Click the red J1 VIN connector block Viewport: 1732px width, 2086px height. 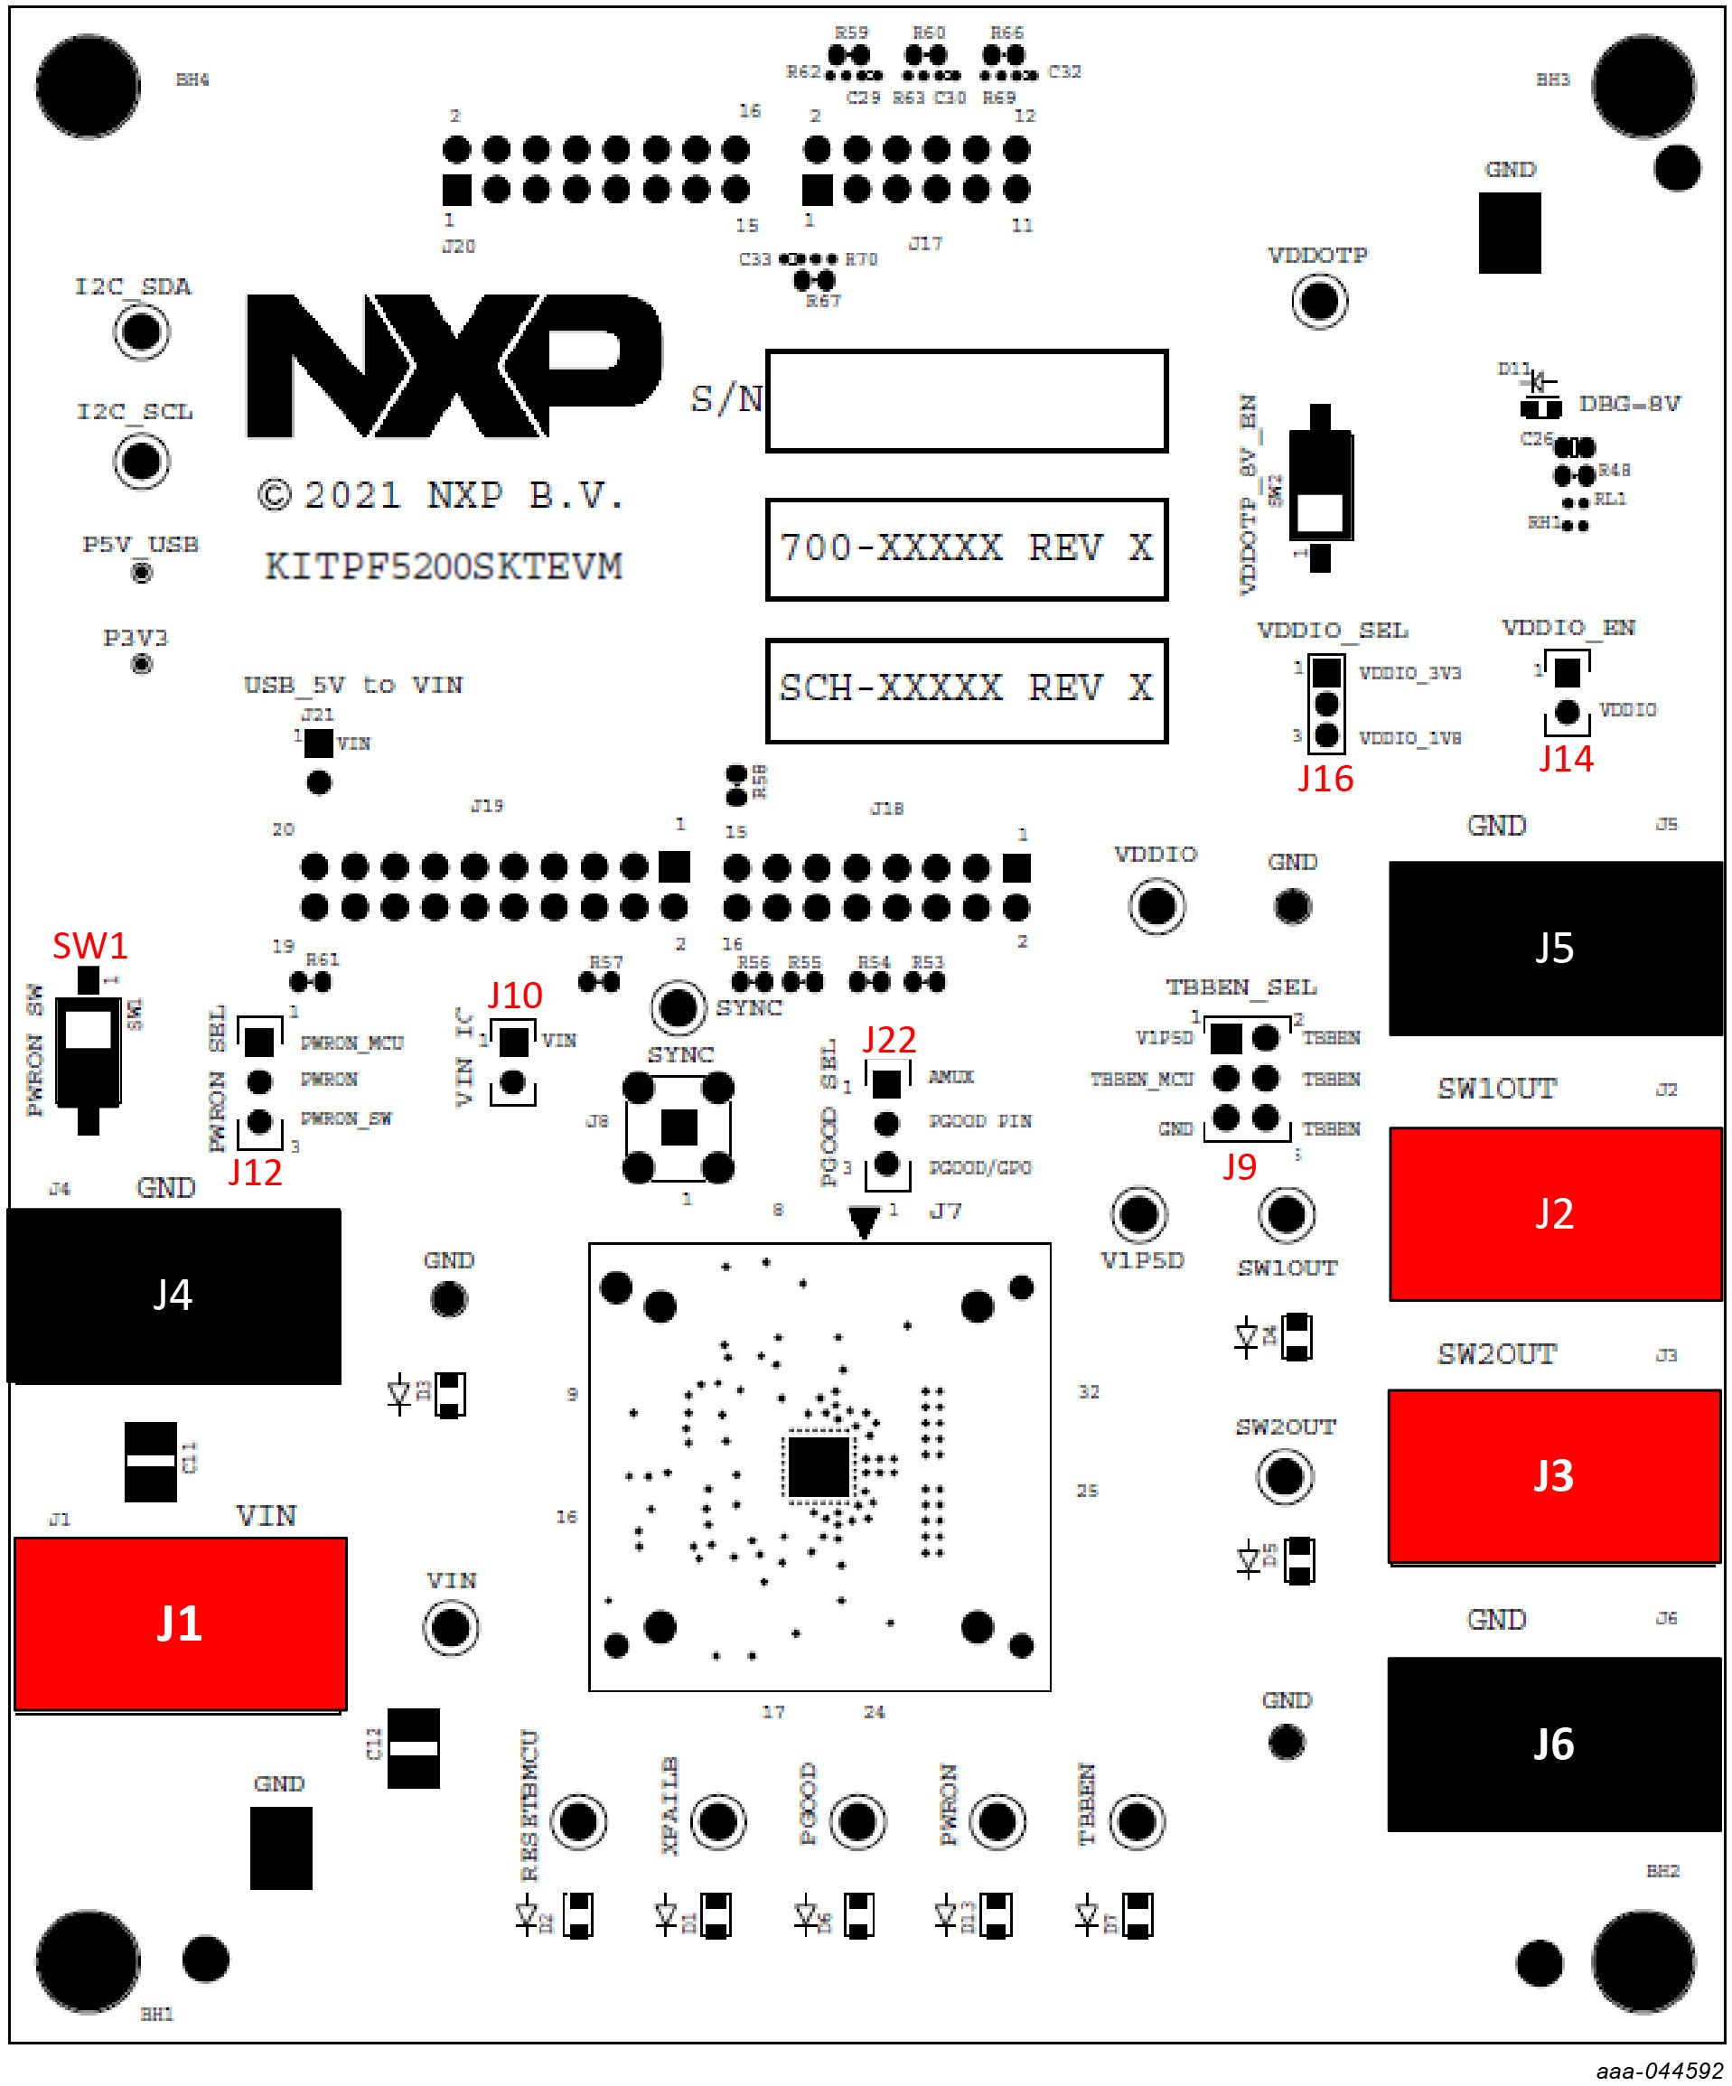click(x=180, y=1624)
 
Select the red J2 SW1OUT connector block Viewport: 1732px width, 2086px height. click(x=1554, y=1214)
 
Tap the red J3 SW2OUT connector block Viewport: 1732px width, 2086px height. click(x=1554, y=1476)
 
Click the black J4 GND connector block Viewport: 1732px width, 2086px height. click(x=173, y=1296)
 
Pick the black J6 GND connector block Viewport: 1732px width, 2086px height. click(x=1554, y=1745)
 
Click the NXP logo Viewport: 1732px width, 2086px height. click(x=452, y=366)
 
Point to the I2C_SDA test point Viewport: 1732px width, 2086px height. click(x=141, y=332)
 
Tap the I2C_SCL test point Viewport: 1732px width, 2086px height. click(x=141, y=461)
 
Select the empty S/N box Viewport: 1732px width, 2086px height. click(x=966, y=400)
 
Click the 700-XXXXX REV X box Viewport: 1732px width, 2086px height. click(x=966, y=549)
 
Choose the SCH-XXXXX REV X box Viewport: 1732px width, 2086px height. click(x=966, y=689)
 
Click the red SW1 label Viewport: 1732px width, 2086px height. click(x=89, y=946)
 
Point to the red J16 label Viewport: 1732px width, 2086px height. click(x=1325, y=779)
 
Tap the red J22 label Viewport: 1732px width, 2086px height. click(x=889, y=1040)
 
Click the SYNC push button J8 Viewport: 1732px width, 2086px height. click(x=679, y=1127)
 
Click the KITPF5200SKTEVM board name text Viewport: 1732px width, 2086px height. click(x=444, y=567)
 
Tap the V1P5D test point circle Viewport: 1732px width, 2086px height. click(x=1138, y=1214)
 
